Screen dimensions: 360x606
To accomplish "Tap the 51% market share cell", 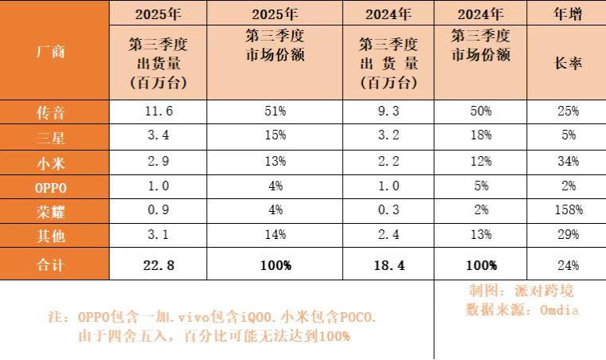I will coord(275,113).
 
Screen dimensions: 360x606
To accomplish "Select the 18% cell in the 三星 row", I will coord(480,138).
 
